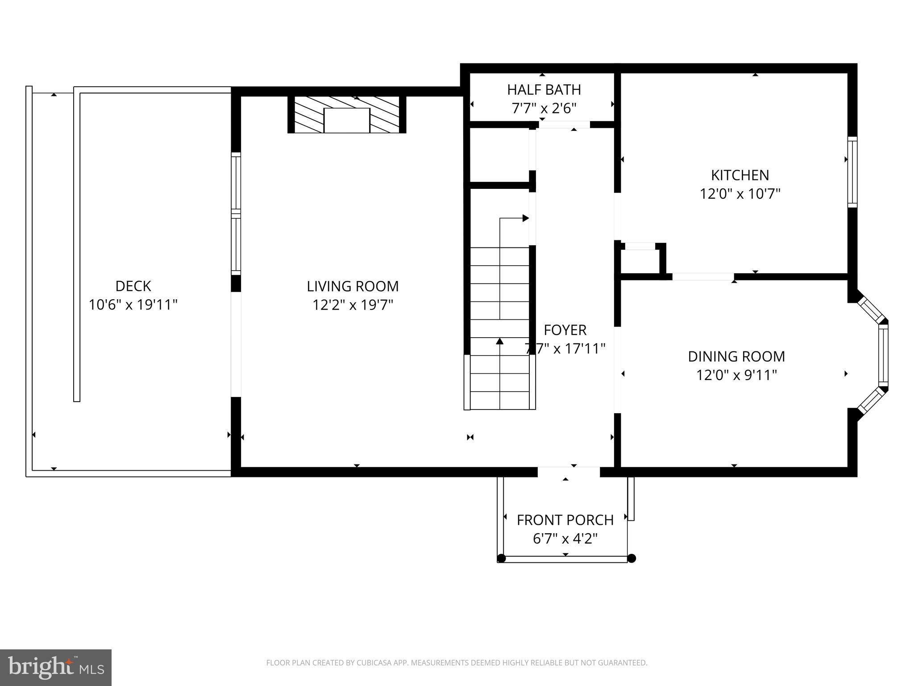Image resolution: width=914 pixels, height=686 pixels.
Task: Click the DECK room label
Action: [133, 286]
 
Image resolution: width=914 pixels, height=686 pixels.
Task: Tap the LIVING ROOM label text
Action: [353, 286]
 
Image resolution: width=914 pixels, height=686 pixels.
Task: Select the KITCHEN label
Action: [740, 175]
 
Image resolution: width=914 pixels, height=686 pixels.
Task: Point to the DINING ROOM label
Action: [736, 356]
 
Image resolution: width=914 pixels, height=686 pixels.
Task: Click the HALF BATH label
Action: [544, 90]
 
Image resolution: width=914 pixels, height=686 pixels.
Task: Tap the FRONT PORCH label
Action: [565, 520]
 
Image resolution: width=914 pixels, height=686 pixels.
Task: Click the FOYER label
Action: [565, 330]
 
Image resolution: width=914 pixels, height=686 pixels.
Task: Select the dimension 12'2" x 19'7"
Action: [353, 305]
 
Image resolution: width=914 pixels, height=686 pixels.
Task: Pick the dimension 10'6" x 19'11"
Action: [133, 305]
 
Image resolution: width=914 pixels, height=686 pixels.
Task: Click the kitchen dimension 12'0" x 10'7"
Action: [740, 194]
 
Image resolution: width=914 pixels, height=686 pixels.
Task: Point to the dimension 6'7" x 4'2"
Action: [565, 539]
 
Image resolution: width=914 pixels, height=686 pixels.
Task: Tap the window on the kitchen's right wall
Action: [852, 172]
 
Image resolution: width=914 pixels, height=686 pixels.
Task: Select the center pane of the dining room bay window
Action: [883, 355]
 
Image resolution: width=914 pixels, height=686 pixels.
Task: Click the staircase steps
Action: [500, 328]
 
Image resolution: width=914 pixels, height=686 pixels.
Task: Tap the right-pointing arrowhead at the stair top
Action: [526, 218]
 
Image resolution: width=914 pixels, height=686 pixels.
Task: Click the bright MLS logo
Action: [56, 667]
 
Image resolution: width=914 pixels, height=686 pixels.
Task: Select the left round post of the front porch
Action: [501, 558]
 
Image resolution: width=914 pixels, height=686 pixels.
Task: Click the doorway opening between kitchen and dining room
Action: [703, 277]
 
